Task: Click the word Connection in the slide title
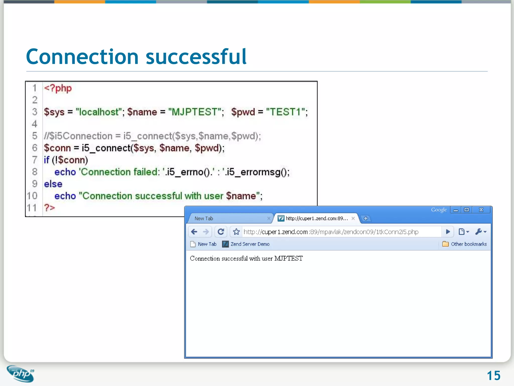(82, 57)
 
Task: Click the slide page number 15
(493, 376)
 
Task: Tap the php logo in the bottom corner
(21, 374)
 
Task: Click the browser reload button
(221, 231)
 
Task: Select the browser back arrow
(194, 231)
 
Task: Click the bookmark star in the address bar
(236, 231)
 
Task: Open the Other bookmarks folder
(464, 244)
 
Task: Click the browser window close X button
(481, 210)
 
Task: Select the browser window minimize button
(456, 210)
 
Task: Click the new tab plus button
(366, 218)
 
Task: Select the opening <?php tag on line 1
(58, 88)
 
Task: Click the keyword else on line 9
(53, 184)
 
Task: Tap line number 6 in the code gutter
(35, 148)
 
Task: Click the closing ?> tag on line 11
(49, 208)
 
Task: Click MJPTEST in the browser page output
(288, 258)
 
